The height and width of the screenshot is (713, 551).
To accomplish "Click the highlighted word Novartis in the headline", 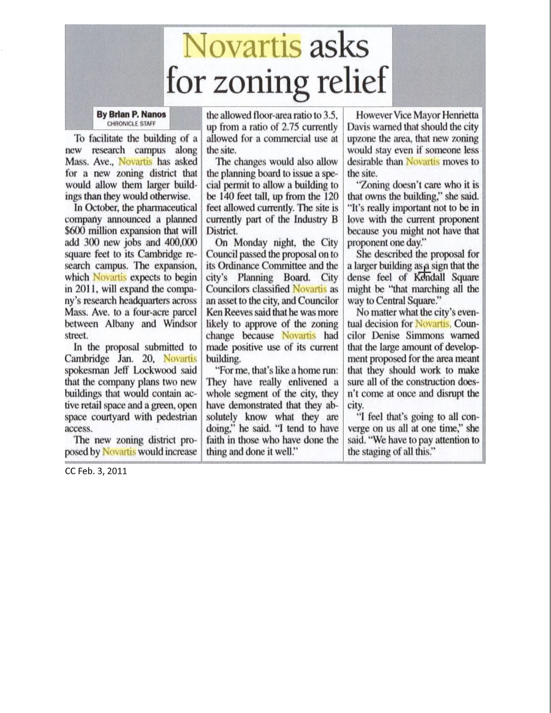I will coord(242,46).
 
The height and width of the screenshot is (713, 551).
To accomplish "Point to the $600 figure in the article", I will coord(75,231).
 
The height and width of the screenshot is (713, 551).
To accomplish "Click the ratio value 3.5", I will coord(330,115).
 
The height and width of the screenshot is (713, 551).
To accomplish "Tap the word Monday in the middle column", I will coord(251,242).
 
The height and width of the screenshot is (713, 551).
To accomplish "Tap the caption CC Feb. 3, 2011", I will coord(96,472).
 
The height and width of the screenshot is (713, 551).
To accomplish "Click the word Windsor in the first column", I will coord(180,324).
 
